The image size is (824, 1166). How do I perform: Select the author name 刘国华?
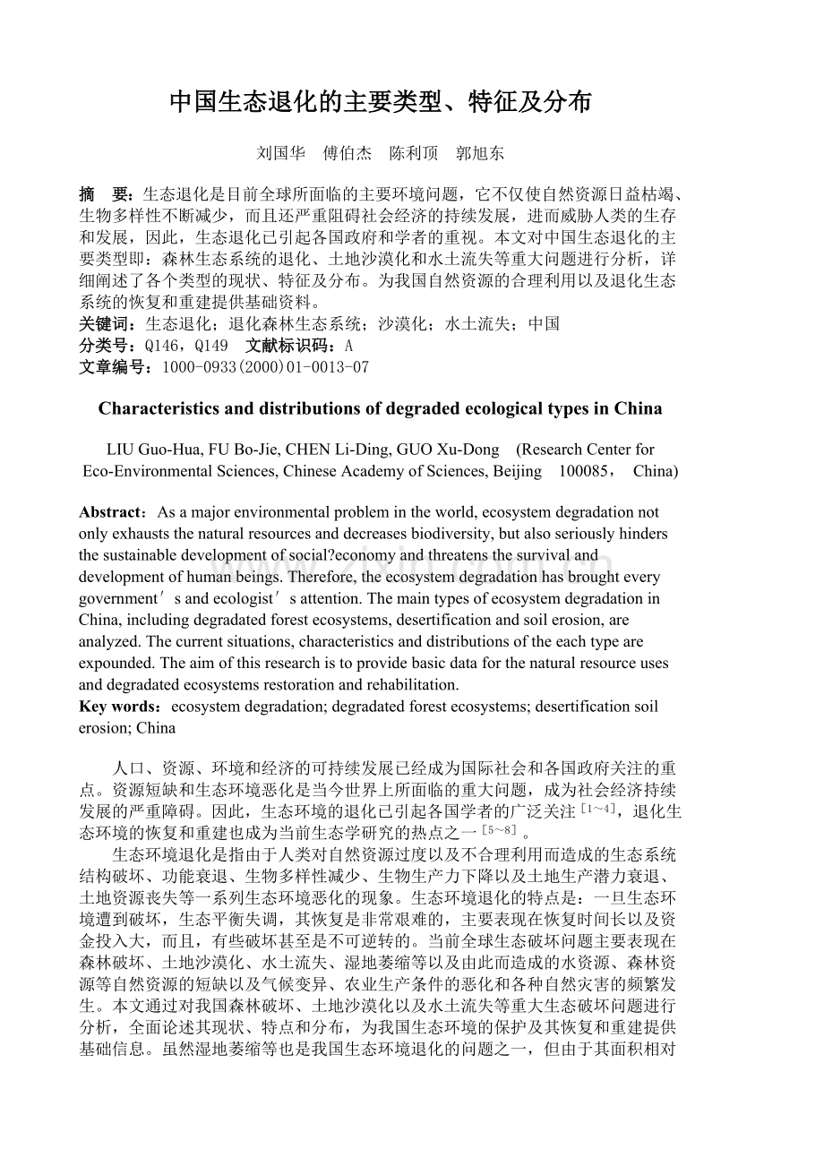point(280,153)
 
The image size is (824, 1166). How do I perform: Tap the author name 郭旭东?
point(480,153)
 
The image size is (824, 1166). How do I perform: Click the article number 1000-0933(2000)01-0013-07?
point(263,367)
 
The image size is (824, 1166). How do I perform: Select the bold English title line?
point(380,409)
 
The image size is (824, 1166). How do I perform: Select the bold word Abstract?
point(111,513)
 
